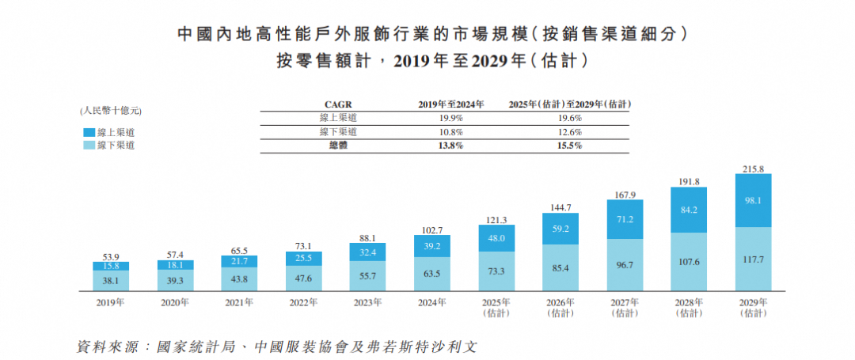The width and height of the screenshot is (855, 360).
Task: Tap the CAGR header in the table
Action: coord(338,104)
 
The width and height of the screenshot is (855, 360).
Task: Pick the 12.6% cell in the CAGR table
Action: coord(569,132)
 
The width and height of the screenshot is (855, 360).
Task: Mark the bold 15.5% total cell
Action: coord(569,146)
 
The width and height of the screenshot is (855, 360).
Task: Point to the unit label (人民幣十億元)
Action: coord(110,110)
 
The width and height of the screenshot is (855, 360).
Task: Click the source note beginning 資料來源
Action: coord(276,347)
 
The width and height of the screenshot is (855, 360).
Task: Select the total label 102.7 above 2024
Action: coord(431,229)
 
